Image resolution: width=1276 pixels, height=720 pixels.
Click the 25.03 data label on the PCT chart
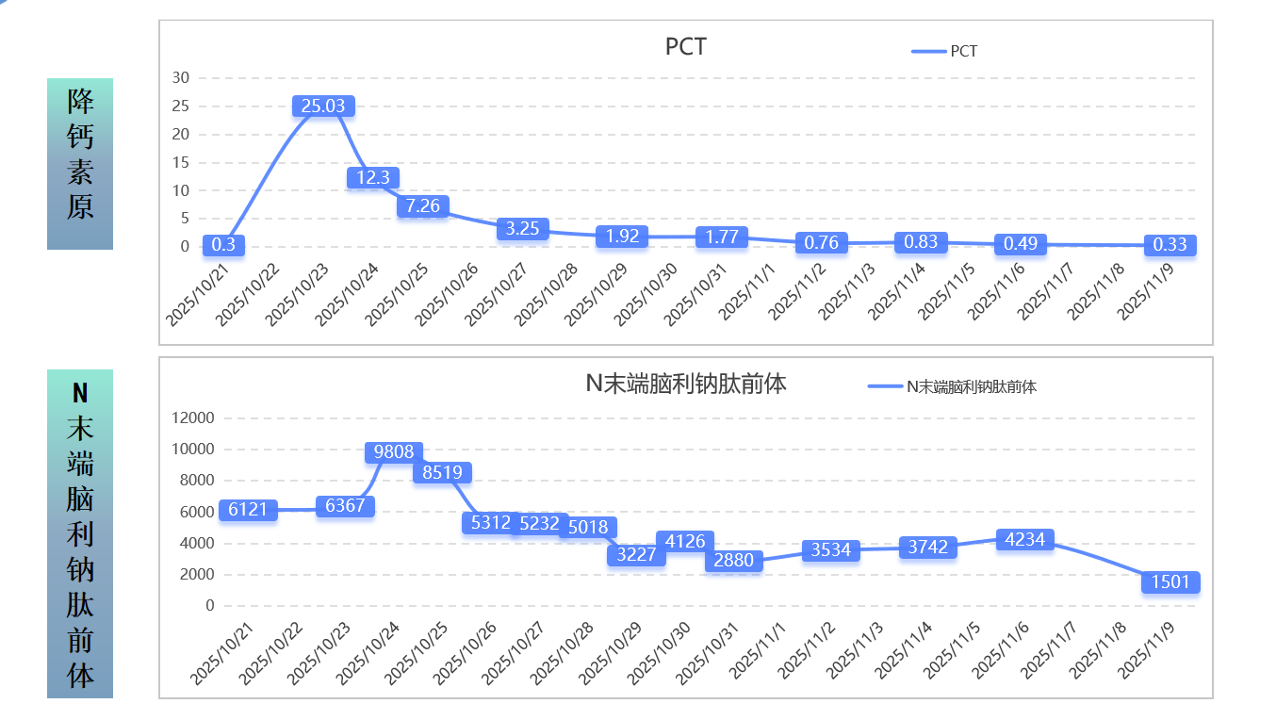click(x=323, y=106)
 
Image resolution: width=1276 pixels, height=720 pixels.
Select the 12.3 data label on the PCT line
click(x=373, y=177)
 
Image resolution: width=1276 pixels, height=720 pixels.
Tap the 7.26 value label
click(x=423, y=205)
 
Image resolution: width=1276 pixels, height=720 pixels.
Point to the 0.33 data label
click(x=1170, y=245)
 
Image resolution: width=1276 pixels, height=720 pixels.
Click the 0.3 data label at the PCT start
click(x=223, y=245)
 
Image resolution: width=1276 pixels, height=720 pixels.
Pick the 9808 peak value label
click(x=394, y=452)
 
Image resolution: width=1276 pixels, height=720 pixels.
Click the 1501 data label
click(x=1170, y=582)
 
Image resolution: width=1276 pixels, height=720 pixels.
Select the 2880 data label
click(x=734, y=561)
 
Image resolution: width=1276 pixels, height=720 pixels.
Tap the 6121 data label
click(x=248, y=510)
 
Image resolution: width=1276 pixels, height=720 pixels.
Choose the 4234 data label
click(x=1024, y=539)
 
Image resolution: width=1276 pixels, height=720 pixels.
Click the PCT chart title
click(x=685, y=47)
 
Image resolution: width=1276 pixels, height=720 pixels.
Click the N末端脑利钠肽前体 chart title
click(x=686, y=384)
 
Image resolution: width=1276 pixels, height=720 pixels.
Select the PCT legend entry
click(x=946, y=51)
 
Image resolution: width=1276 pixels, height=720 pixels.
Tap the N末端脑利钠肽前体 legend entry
click(x=953, y=386)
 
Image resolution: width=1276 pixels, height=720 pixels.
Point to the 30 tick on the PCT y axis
click(x=180, y=78)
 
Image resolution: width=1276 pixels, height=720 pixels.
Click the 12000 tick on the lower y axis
click(x=192, y=418)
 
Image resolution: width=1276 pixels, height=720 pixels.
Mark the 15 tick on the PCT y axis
click(x=180, y=162)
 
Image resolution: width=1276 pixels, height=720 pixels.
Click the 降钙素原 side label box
click(x=80, y=164)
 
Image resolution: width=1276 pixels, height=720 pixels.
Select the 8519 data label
click(x=442, y=473)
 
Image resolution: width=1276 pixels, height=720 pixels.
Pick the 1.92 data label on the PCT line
click(x=622, y=237)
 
